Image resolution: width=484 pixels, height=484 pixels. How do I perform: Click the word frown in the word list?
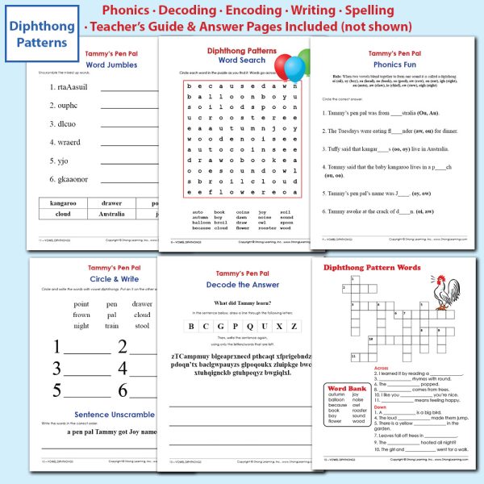pos(81,315)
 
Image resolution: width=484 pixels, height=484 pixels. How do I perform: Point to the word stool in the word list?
pos(142,326)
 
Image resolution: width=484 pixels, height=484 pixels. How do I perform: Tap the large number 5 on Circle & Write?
pos(57,390)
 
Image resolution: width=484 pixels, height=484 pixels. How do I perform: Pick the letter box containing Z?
pos(294,327)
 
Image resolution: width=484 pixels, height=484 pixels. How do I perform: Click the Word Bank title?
pos(346,387)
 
